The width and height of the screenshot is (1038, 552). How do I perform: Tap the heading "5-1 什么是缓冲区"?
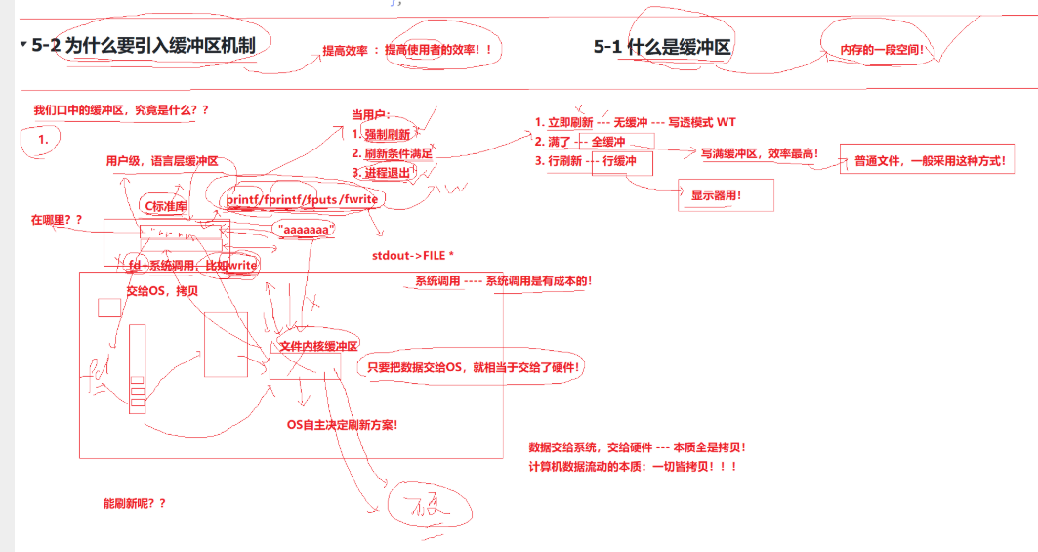click(662, 47)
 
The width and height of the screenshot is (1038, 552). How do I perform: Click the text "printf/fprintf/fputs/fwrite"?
click(302, 200)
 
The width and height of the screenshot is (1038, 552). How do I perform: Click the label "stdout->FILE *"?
click(413, 256)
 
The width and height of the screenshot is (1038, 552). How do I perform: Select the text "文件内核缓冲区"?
click(319, 346)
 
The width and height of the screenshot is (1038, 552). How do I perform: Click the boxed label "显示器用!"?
click(717, 195)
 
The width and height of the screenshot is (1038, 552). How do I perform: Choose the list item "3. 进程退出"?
click(380, 173)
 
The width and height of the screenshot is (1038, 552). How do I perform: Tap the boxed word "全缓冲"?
click(608, 142)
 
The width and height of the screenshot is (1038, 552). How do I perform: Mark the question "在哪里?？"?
click(58, 220)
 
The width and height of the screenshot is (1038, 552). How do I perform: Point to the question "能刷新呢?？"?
click(134, 503)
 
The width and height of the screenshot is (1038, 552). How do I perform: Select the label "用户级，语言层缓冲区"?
click(162, 161)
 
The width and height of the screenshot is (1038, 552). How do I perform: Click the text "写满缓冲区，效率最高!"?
click(760, 153)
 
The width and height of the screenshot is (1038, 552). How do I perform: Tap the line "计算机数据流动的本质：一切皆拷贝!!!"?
click(632, 466)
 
